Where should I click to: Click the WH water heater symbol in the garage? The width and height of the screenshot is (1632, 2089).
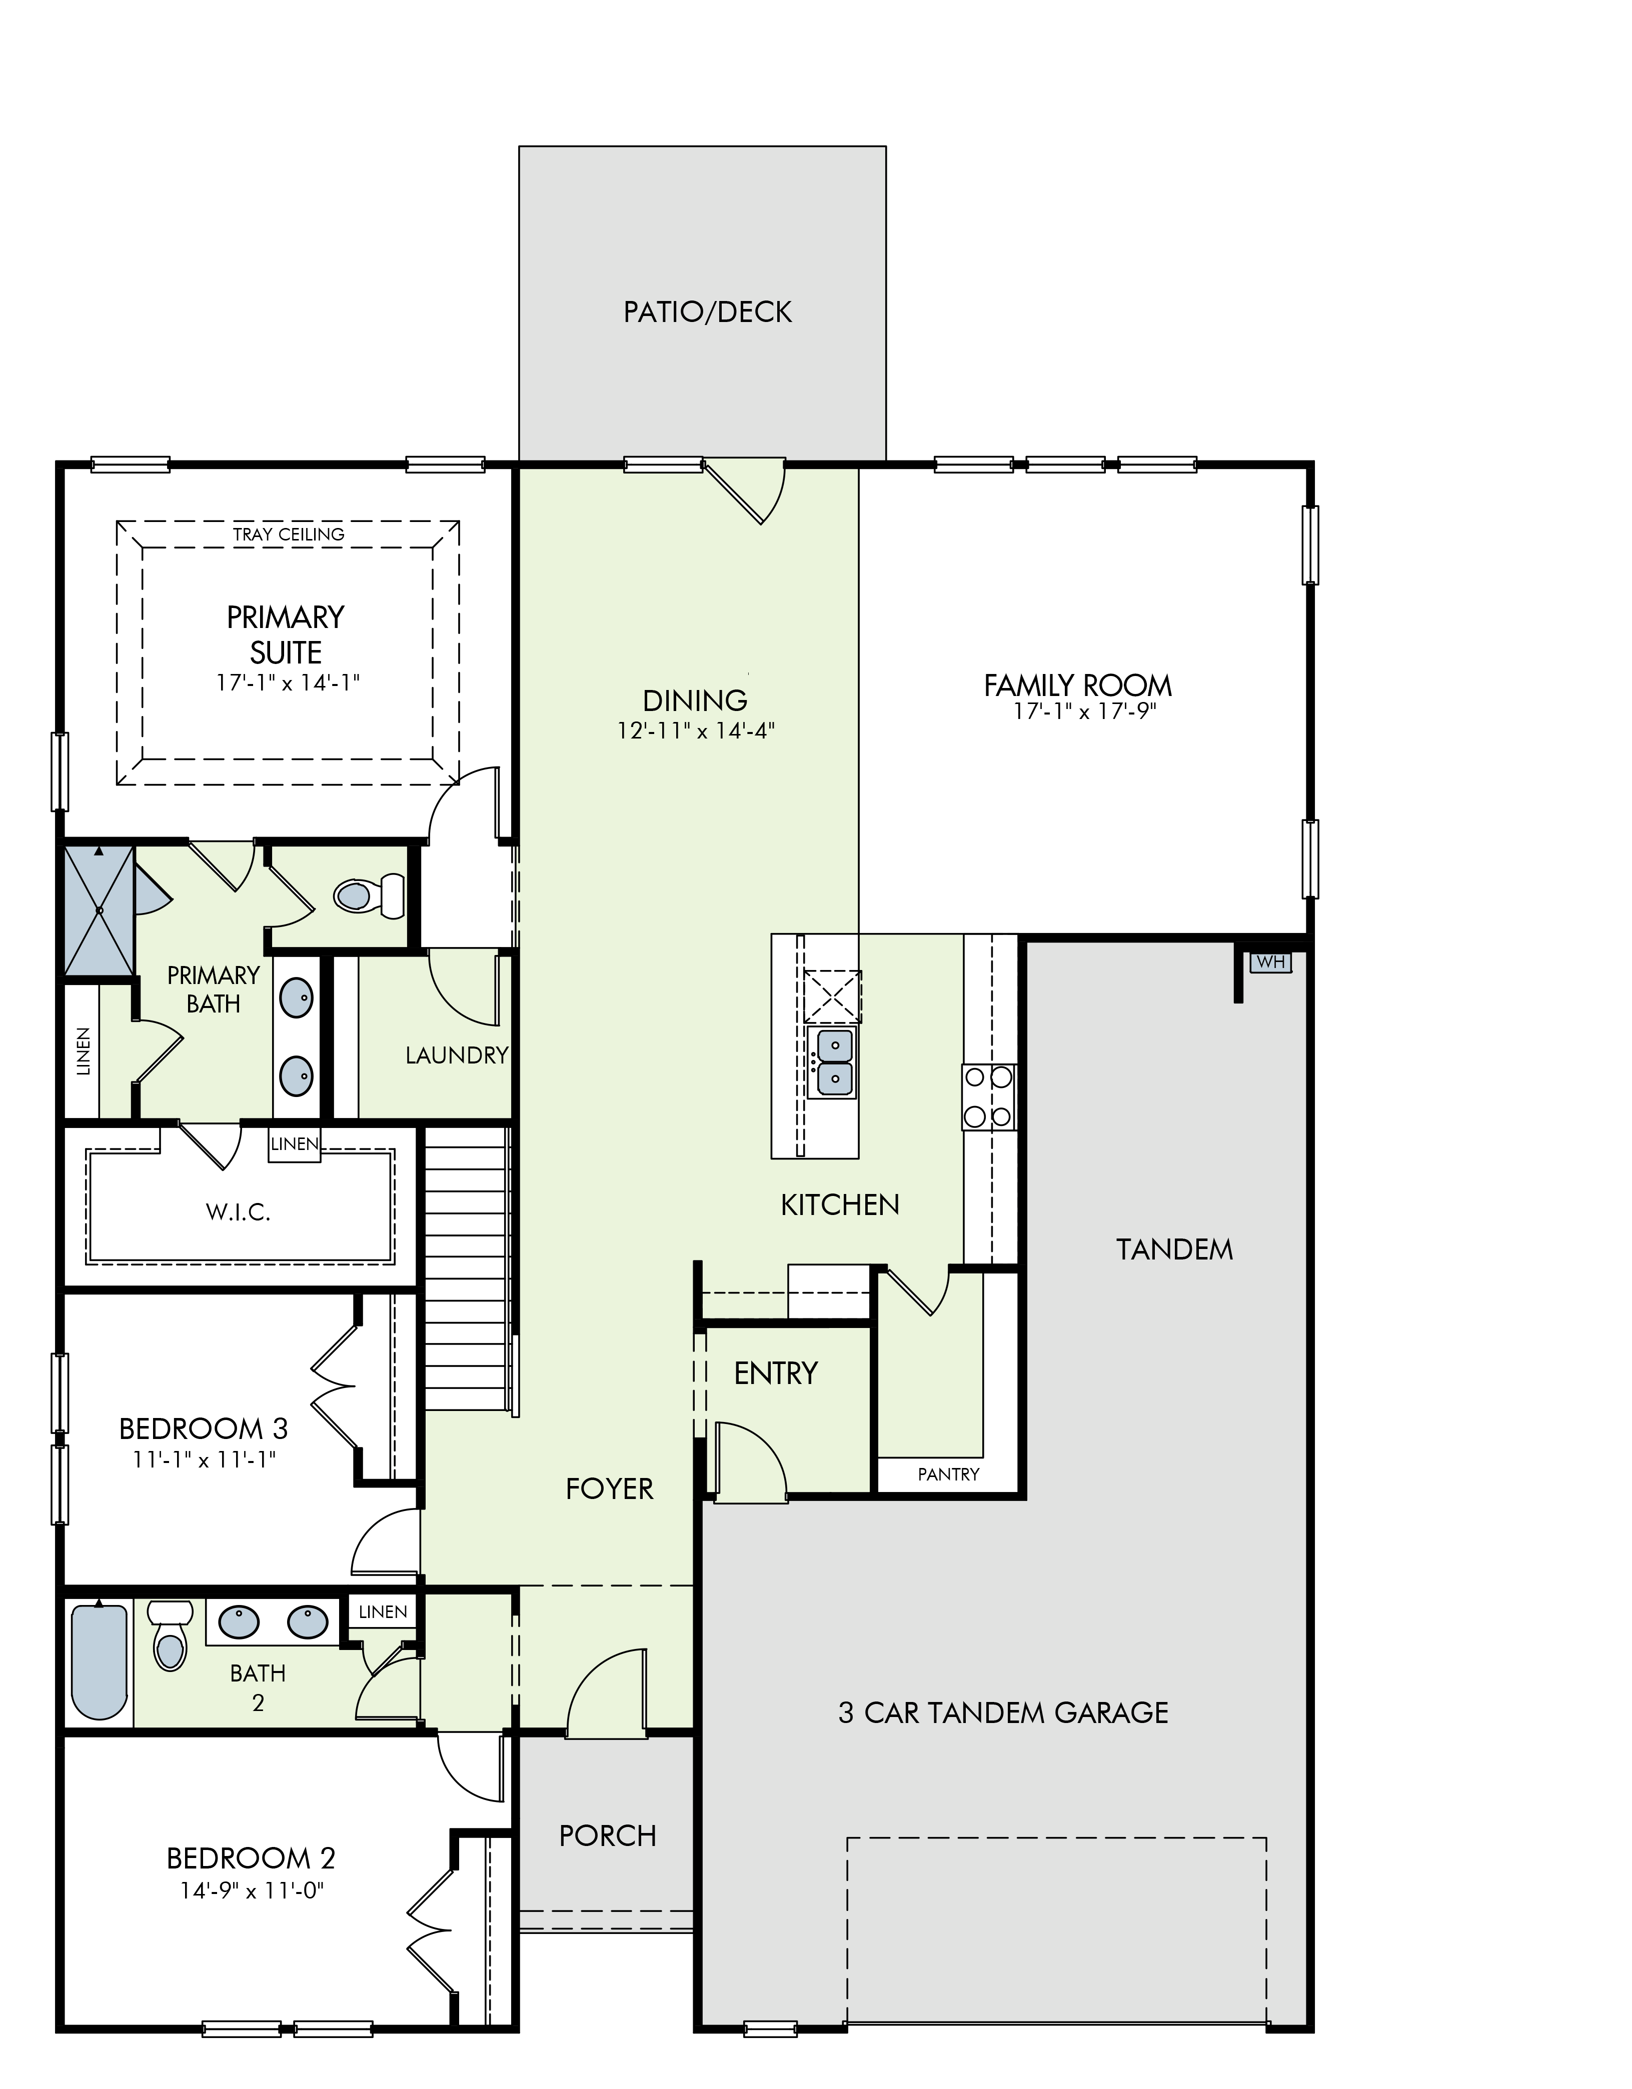(x=1270, y=961)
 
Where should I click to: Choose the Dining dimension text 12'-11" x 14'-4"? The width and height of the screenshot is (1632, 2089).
(x=696, y=731)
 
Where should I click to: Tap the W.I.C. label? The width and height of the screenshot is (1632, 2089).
(x=238, y=1213)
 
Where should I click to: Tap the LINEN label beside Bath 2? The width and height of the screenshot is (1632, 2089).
(x=383, y=1611)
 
